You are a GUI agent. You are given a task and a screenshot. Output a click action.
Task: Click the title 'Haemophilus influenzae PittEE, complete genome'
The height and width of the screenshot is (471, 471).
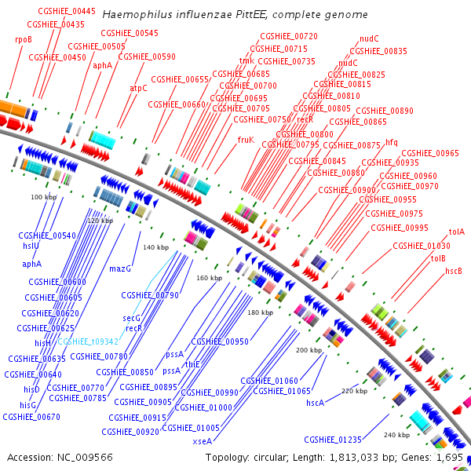click(235, 15)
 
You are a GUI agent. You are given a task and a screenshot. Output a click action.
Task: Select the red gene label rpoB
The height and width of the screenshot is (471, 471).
click(23, 38)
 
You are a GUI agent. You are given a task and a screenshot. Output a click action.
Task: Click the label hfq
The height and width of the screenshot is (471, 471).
click(392, 142)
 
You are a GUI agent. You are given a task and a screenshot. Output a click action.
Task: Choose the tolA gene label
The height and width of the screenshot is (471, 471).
click(456, 232)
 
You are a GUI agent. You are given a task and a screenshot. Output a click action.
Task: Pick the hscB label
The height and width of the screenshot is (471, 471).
click(454, 271)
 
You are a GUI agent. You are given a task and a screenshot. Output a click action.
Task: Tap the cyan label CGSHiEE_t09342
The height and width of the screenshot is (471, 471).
click(87, 341)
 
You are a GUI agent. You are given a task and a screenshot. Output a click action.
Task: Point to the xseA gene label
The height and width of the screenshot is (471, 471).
click(202, 442)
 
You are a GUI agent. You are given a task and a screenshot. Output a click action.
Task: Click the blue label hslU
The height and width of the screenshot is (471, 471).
click(31, 246)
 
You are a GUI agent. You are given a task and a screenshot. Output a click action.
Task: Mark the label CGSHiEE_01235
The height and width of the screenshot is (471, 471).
click(333, 440)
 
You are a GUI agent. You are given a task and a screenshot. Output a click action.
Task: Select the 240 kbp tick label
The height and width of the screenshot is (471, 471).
click(397, 434)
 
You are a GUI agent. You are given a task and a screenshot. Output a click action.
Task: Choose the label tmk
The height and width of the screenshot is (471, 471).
click(246, 60)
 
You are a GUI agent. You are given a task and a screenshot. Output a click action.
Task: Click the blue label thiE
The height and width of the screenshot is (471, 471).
click(192, 364)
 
